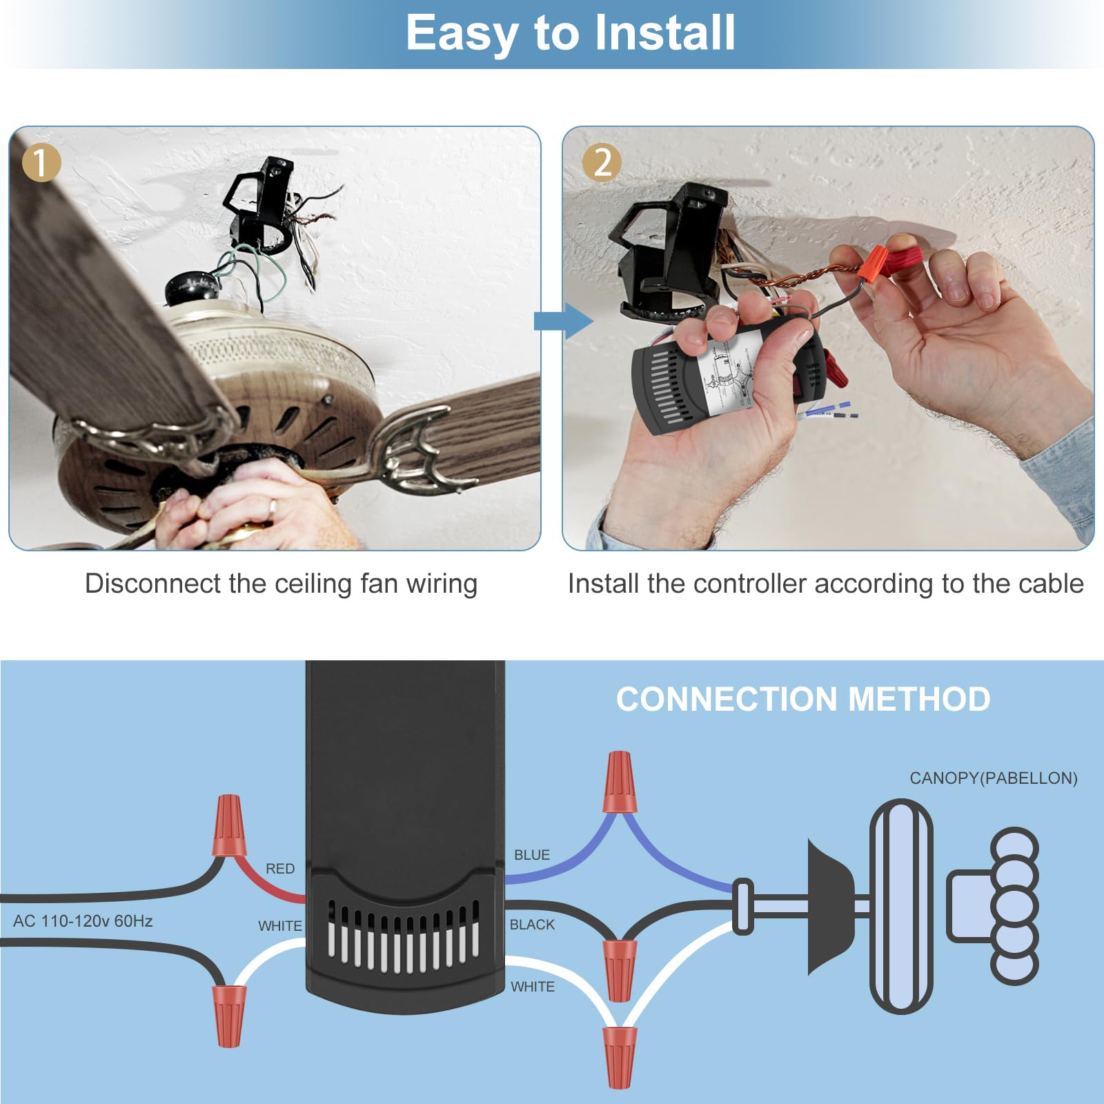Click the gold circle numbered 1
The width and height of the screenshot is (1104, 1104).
41,162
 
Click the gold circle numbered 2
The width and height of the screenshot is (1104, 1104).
602,163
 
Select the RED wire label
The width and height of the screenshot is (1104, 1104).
280,869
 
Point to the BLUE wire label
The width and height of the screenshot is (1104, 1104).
532,855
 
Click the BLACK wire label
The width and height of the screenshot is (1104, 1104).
532,925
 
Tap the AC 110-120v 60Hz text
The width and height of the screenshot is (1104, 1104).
83,921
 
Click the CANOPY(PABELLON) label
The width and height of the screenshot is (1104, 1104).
993,778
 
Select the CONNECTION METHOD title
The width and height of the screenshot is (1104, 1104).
803,699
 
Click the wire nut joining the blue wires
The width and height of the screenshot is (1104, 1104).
619,783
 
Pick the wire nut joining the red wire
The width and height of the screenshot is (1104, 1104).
229,826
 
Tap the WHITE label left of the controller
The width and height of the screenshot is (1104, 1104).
280,926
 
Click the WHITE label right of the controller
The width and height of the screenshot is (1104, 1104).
533,987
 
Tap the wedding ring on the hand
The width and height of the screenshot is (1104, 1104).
273,509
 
